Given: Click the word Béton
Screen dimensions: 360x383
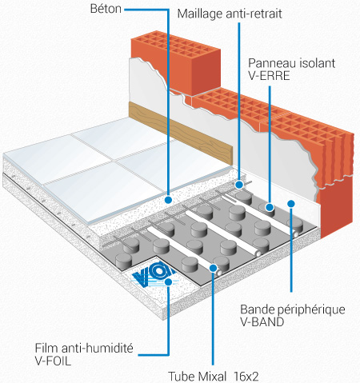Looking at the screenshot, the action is point(106,9).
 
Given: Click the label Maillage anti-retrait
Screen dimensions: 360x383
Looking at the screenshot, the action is point(230,14).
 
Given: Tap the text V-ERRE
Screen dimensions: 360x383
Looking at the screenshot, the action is point(269,76).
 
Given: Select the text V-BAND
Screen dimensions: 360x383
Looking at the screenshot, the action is point(262,322).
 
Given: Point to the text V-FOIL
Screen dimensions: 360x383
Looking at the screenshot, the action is point(53,361).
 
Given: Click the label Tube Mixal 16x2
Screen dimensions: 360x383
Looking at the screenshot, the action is point(214,377).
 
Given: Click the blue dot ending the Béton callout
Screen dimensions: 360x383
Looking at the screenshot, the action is point(168,199).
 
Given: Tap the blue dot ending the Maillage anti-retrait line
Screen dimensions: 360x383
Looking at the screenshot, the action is point(239,185).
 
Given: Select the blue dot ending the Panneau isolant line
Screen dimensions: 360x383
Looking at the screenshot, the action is point(270,207).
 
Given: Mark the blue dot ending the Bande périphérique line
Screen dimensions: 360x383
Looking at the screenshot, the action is point(291,204).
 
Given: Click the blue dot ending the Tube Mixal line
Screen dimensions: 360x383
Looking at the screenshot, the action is point(213,268).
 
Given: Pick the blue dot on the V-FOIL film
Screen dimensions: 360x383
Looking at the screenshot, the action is point(168,281).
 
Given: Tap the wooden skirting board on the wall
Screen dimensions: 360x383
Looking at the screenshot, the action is point(181,133).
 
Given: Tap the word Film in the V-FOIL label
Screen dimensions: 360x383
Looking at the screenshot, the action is point(46,349).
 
